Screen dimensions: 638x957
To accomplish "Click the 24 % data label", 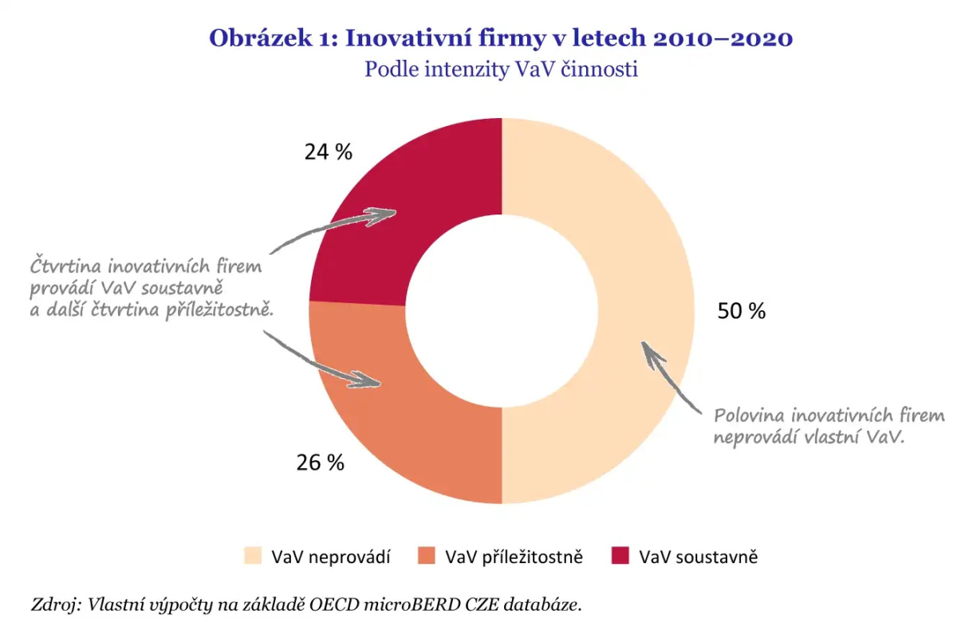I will (x=328, y=152).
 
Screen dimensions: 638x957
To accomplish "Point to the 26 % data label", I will (x=320, y=462).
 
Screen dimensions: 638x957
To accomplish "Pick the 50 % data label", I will (x=742, y=312).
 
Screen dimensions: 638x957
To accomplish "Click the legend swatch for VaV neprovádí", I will (x=253, y=557).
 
